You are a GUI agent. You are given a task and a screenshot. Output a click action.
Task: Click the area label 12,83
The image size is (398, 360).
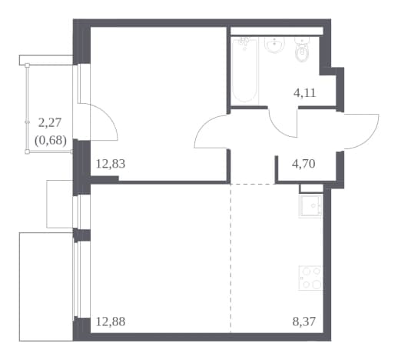coord(111,164)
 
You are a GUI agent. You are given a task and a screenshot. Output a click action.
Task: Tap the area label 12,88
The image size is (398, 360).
coord(111,322)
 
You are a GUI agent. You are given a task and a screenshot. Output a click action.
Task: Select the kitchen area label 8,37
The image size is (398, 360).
coord(304,322)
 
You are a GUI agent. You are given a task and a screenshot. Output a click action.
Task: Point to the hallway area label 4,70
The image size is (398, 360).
coord(303,164)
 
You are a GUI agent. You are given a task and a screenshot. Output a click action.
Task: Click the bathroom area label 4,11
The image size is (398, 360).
coord(305,93)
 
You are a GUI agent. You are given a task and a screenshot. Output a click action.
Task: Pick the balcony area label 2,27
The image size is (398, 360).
coord(50,122)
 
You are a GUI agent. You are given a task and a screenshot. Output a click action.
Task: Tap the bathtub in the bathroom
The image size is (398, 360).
coord(244,71)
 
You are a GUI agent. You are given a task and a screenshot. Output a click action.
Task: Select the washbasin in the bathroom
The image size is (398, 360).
coord(274,45)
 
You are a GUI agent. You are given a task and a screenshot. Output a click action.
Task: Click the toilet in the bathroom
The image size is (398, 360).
coord(302,50)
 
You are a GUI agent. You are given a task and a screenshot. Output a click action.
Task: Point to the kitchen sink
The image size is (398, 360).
coord(310,206)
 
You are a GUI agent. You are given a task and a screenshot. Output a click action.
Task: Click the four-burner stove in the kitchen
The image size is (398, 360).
coord(310,278)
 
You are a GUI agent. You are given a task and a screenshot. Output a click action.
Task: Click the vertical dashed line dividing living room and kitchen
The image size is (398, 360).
coord(231,258)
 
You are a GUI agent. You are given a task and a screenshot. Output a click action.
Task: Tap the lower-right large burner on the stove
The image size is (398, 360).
coord(317,284)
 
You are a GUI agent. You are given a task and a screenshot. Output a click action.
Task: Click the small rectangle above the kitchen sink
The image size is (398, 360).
coord(311,188)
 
